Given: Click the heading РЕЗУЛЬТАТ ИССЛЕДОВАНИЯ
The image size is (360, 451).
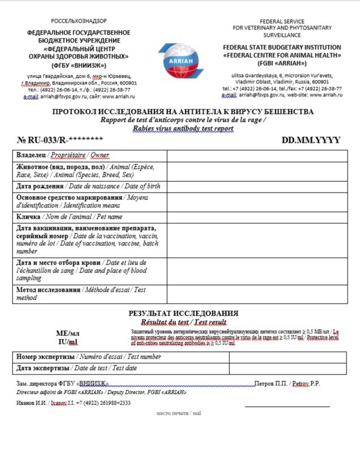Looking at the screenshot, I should pyautogui.click(x=183, y=313).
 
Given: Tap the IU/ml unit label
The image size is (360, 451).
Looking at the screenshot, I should pyautogui.click(x=68, y=342).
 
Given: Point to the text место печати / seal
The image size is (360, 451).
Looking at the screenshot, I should pyautogui.click(x=179, y=413).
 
